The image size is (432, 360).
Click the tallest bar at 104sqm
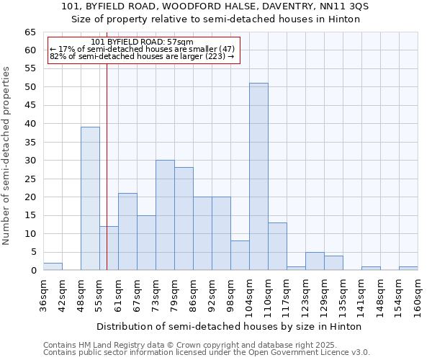pyautogui.click(x=258, y=176)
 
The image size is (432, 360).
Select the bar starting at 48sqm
pyautogui.click(x=90, y=198)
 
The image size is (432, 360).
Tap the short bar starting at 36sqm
pyautogui.click(x=53, y=266)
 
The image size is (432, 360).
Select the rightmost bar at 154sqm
pyautogui.click(x=408, y=269)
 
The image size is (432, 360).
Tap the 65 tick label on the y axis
pyautogui.click(x=30, y=32)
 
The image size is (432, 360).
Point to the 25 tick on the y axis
pyautogui.click(x=30, y=179)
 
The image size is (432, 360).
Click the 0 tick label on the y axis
pyautogui.click(x=33, y=271)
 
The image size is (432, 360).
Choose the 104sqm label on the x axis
pyautogui.click(x=250, y=295)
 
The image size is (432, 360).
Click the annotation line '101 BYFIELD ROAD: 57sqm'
pyautogui.click(x=142, y=42)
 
